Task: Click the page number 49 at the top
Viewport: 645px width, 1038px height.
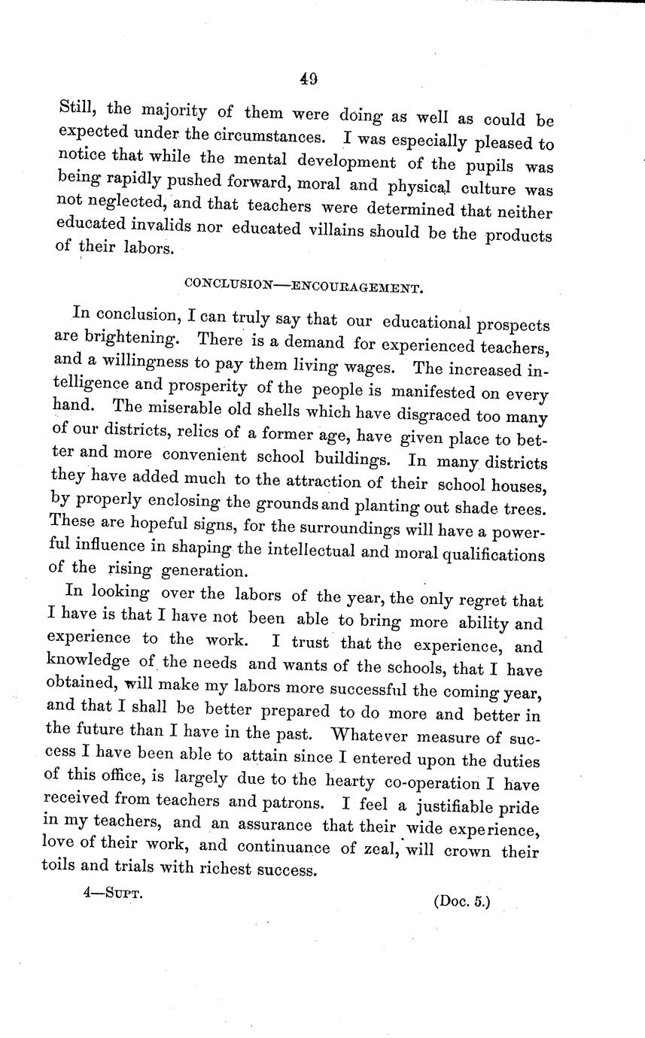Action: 308,77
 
